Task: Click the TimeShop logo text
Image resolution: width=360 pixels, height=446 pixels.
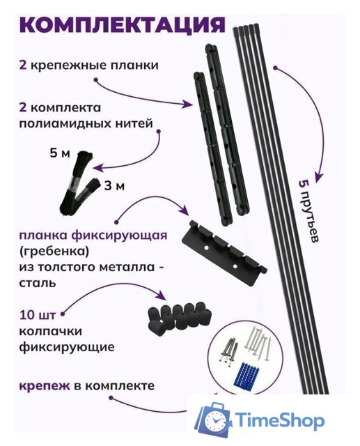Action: tap(279, 421)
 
